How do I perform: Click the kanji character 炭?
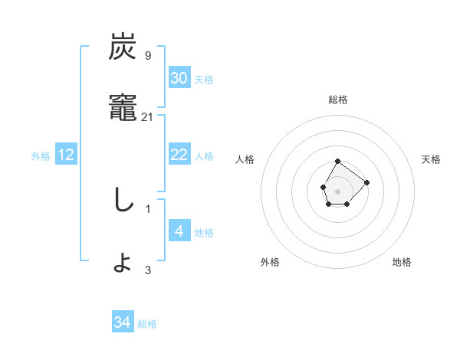123,47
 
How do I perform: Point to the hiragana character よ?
123,263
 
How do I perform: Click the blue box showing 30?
179,78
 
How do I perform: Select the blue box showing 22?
179,155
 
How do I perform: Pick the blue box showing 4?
179,231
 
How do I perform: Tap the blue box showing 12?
66,155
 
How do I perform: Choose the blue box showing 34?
123,322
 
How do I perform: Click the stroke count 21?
148,116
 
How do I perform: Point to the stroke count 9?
148,55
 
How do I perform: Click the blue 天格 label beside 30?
204,80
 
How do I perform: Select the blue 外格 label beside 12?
41,156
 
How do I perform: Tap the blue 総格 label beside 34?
147,324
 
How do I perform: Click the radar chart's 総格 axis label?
338,100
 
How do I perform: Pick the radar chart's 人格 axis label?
245,159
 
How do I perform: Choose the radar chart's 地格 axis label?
402,262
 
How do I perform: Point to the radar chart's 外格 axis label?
270,262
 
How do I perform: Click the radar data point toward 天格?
366,182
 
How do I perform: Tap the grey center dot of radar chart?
337,190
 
